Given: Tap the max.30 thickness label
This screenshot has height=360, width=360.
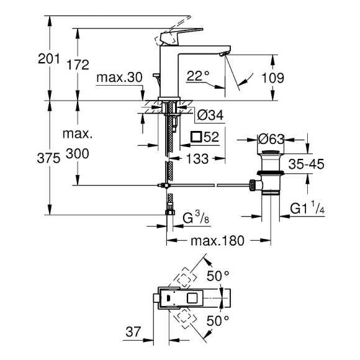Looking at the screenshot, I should click(x=120, y=78).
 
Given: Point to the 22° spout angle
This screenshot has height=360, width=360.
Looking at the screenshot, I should click(x=198, y=77).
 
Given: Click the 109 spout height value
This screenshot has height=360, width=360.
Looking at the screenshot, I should click(x=290, y=78).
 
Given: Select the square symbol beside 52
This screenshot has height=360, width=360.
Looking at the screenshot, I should click(x=194, y=137).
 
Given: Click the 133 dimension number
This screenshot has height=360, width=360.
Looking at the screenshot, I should click(x=197, y=159).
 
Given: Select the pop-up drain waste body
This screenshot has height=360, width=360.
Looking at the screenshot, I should click(x=271, y=177).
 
